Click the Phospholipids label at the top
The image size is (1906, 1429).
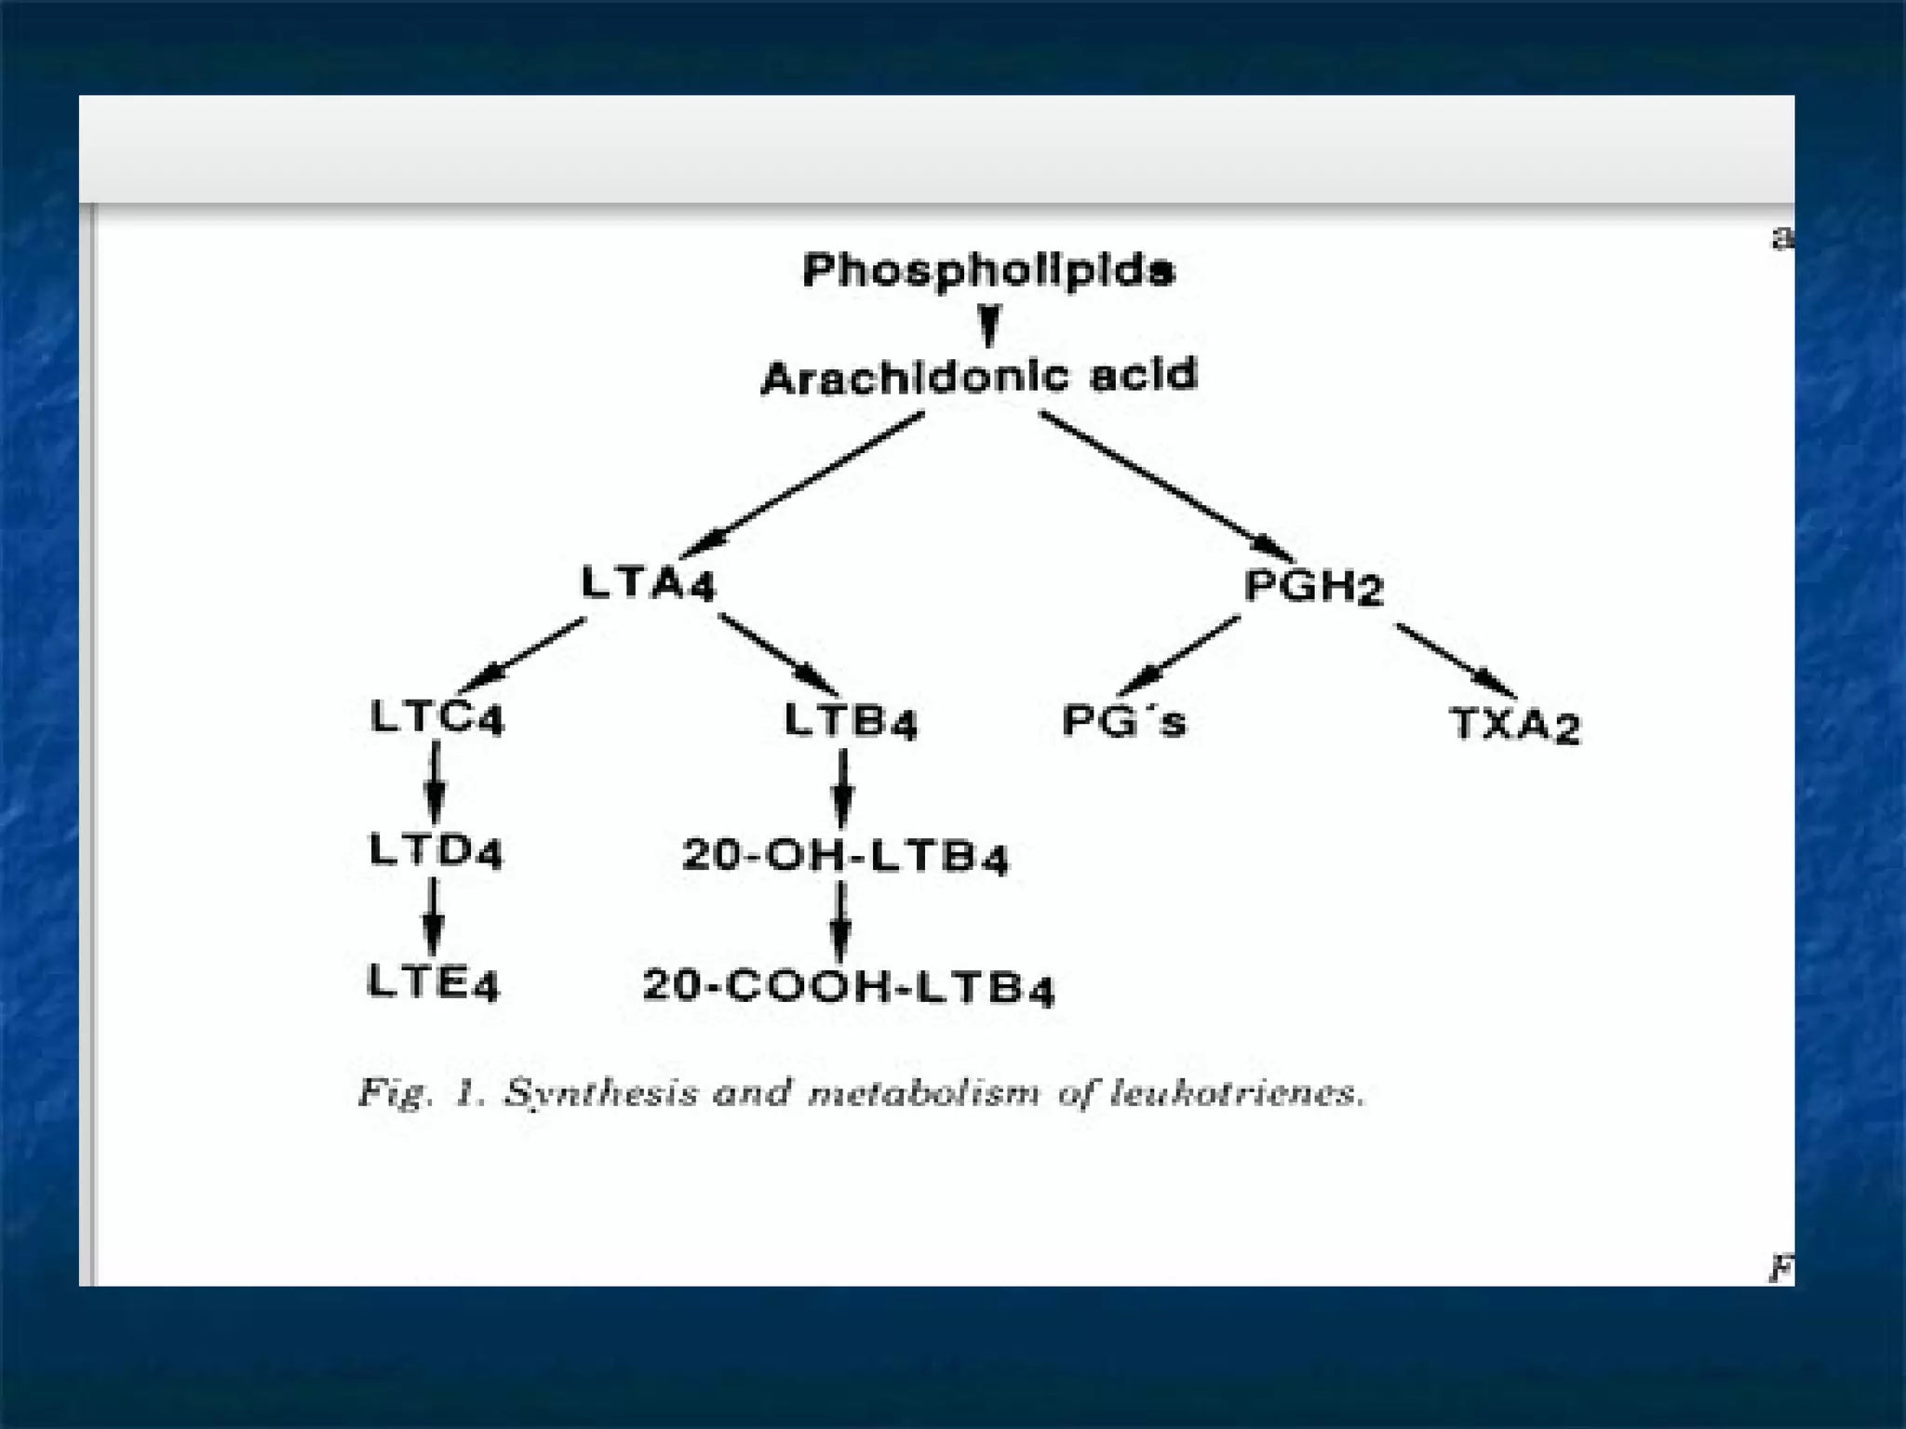pyautogui.click(x=988, y=271)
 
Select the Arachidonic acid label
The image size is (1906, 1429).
pyautogui.click(x=979, y=378)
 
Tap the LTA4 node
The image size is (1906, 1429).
pyautogui.click(x=649, y=584)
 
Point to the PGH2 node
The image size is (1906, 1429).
pyautogui.click(x=1313, y=587)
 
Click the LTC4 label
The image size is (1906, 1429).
pyautogui.click(x=436, y=717)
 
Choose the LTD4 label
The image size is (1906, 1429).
pyautogui.click(x=436, y=850)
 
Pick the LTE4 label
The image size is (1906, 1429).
pyautogui.click(x=434, y=982)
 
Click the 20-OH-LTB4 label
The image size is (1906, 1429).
pyautogui.click(x=845, y=856)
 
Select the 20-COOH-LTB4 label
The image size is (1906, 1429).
pyautogui.click(x=848, y=987)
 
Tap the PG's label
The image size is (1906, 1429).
pyautogui.click(x=1124, y=721)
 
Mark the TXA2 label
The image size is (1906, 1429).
pyautogui.click(x=1515, y=725)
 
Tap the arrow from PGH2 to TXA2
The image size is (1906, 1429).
pyautogui.click(x=1456, y=661)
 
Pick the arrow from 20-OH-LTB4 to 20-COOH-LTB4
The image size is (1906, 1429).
pyautogui.click(x=841, y=921)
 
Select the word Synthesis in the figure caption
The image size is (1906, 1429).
pyautogui.click(x=600, y=1093)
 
